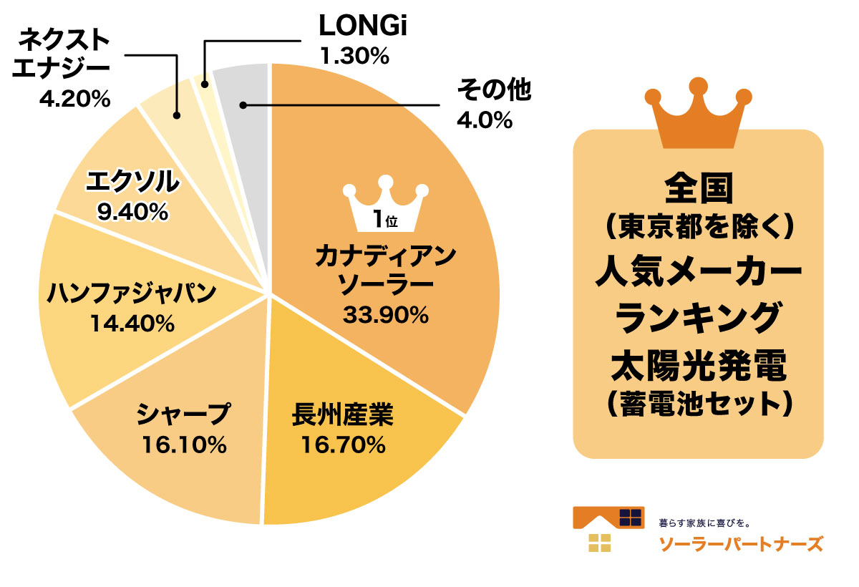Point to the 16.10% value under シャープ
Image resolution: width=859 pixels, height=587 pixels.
point(184,446)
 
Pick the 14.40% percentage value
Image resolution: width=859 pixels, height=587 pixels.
point(132,324)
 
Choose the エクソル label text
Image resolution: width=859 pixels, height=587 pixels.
point(132,183)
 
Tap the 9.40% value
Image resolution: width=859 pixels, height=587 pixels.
point(132,212)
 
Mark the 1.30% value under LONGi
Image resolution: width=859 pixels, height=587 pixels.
point(354,56)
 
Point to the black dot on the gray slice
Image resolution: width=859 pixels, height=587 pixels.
point(243,105)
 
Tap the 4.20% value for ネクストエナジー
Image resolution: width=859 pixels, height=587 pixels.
point(75,98)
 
